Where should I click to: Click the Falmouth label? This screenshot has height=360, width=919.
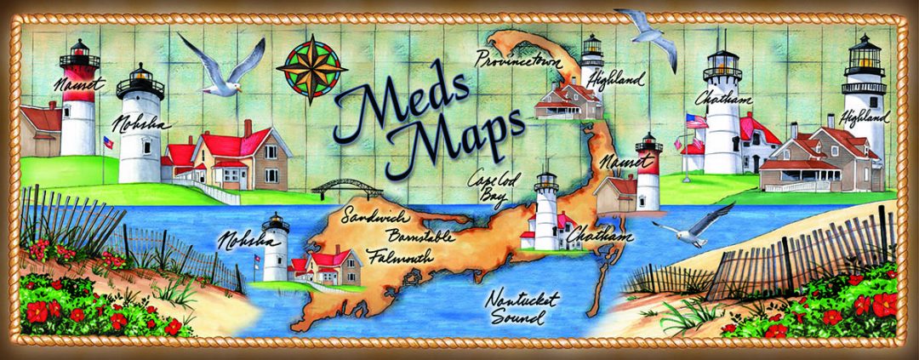pyautogui.click(x=400, y=254)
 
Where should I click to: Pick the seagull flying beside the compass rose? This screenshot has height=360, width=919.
pyautogui.click(x=223, y=67)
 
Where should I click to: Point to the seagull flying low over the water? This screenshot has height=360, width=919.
pyautogui.click(x=694, y=223)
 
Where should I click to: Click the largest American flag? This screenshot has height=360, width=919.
pyautogui.click(x=695, y=122)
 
